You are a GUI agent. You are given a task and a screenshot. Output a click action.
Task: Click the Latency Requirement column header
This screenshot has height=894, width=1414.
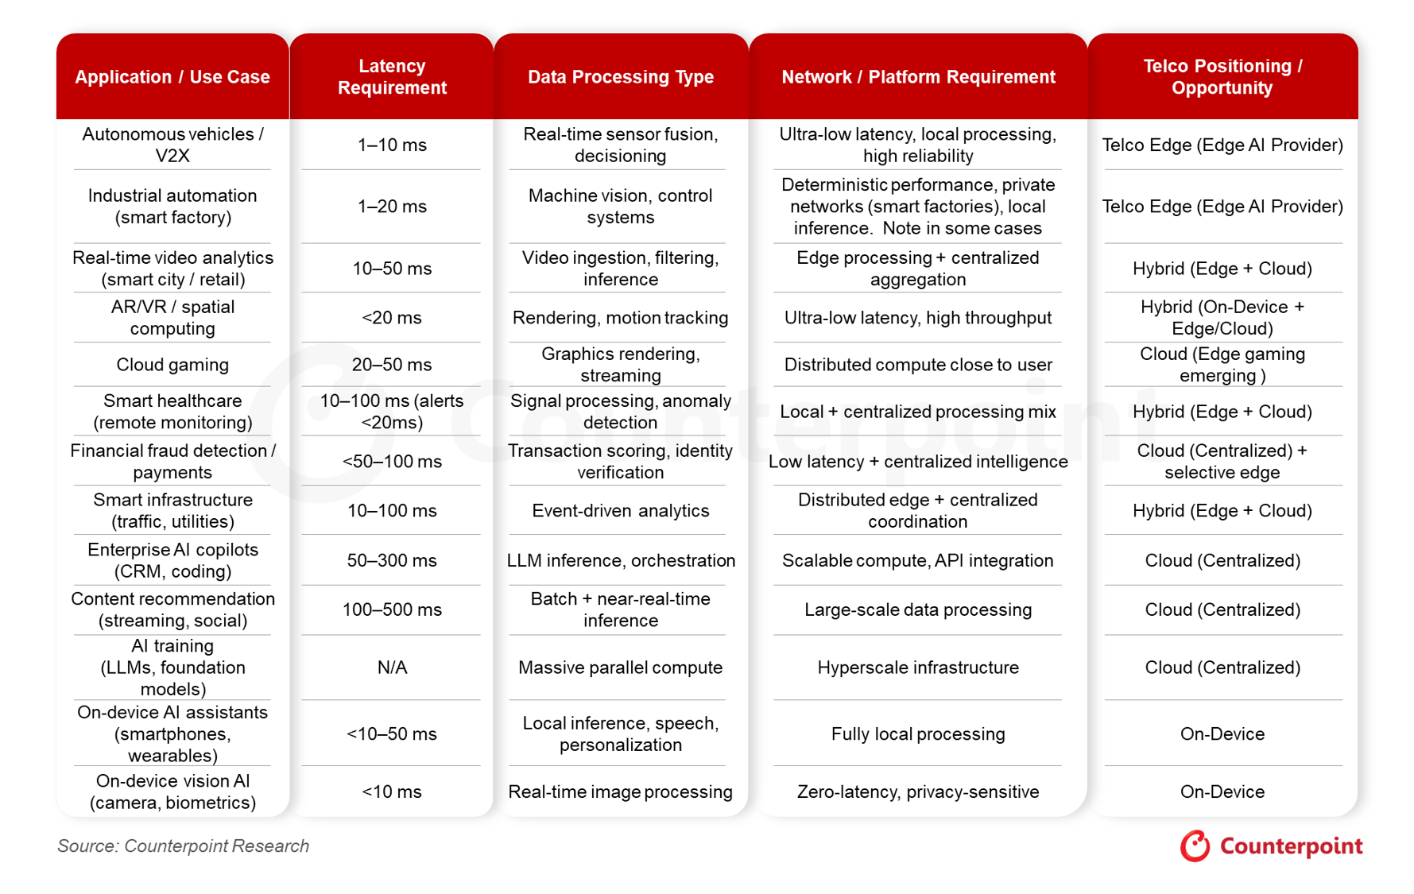392,77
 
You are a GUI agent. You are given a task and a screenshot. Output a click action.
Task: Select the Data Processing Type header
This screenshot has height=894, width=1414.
621,77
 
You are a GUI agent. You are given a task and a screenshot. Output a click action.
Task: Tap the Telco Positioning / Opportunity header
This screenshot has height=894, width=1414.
1222,77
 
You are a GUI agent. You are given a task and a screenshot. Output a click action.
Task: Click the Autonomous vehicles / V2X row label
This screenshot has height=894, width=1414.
172,145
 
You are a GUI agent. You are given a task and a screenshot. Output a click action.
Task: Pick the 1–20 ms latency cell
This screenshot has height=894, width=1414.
392,207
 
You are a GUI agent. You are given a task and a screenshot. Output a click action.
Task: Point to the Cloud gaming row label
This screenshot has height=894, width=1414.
172,365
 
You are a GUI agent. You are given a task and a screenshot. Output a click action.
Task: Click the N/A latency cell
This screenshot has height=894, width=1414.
392,668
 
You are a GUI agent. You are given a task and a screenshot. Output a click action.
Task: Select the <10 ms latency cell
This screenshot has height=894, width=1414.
392,791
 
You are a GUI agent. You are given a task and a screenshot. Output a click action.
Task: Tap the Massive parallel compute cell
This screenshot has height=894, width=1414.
621,668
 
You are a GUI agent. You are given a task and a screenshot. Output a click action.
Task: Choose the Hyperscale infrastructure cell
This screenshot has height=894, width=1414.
918,668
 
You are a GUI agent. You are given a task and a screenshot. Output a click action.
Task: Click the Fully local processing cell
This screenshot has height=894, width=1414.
918,733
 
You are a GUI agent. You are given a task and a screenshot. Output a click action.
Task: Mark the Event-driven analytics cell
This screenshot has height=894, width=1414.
621,510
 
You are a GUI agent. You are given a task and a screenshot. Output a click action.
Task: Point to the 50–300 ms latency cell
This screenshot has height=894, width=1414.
392,560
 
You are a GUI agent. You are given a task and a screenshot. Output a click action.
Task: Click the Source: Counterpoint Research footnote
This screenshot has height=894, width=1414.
183,846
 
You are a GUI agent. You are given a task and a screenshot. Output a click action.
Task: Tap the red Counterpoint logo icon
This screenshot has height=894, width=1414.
1195,846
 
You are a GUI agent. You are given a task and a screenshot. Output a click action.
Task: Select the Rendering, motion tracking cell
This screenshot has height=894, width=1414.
621,318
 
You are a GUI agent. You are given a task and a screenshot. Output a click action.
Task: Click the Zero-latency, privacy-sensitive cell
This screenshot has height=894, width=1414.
918,791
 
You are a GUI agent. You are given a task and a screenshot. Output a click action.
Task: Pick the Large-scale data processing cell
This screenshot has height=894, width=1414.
918,610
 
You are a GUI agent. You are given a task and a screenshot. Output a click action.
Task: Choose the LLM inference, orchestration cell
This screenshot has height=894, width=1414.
621,560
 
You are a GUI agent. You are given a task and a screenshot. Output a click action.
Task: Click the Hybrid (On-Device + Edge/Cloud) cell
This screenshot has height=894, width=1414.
1222,318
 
